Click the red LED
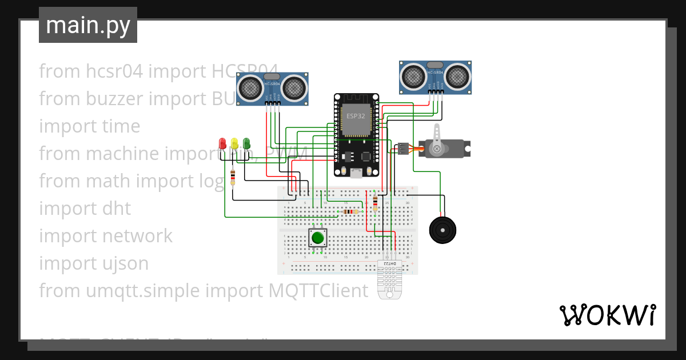pos(222,142)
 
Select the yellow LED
pos(234,142)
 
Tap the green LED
pos(246,142)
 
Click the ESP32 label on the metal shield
pos(356,115)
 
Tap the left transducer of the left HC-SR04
pos(250,87)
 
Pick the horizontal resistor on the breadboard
pos(350,211)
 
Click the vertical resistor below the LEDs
pos(233,178)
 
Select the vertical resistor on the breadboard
pos(375,201)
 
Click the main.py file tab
pos(88,25)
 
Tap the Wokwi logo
pos(607,315)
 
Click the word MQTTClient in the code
pos(318,291)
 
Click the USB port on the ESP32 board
pos(356,173)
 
